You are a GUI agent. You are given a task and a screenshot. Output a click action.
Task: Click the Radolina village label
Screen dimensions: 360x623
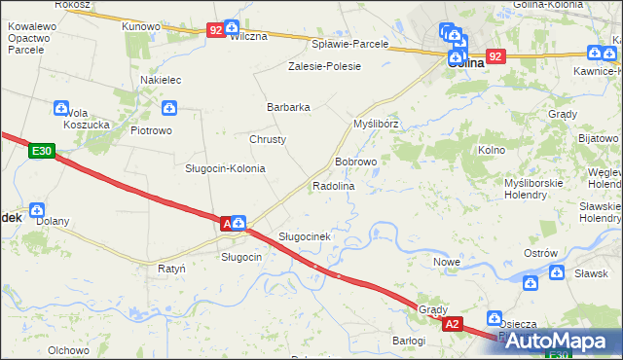point(333,185)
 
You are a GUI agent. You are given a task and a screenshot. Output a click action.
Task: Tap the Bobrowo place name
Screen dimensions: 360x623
point(355,162)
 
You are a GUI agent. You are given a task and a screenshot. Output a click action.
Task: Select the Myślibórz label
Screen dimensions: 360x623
point(376,126)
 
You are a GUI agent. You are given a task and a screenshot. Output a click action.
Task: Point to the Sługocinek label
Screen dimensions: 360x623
point(306,236)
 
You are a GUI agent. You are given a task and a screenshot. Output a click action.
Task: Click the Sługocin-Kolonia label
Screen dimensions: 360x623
point(225,168)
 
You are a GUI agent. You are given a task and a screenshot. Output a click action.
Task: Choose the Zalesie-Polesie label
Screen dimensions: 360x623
point(324,66)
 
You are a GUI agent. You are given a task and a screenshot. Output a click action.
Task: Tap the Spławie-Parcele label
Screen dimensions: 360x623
point(349,44)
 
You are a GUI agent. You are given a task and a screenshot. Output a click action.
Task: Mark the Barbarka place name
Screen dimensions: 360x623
point(288,107)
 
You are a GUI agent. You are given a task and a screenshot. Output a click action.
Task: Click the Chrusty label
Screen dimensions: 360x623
point(268,139)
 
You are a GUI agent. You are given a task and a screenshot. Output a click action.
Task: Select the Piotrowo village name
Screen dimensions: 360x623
point(151,129)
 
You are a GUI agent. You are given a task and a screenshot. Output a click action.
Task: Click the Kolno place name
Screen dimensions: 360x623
point(492,150)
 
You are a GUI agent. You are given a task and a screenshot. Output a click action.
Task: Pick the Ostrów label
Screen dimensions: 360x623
point(540,253)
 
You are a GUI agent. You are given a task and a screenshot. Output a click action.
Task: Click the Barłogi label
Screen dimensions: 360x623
point(409,341)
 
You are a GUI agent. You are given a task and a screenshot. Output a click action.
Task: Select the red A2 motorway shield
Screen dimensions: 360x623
point(451,324)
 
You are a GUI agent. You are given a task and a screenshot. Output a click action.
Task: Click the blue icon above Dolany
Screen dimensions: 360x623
point(37,208)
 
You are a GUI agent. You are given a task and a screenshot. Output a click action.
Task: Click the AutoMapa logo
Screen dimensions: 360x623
point(560,341)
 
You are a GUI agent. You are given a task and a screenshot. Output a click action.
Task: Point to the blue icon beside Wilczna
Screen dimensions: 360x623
point(232,28)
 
